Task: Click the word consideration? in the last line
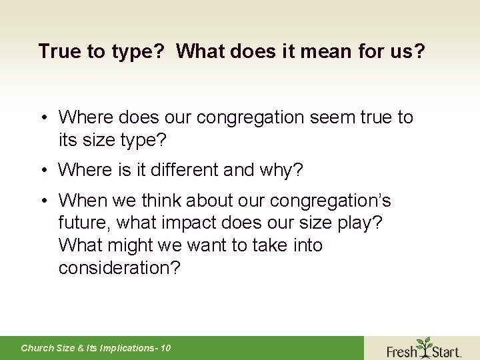[119, 268]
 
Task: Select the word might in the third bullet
[130, 245]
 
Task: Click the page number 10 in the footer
[165, 348]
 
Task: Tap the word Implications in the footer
[125, 348]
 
